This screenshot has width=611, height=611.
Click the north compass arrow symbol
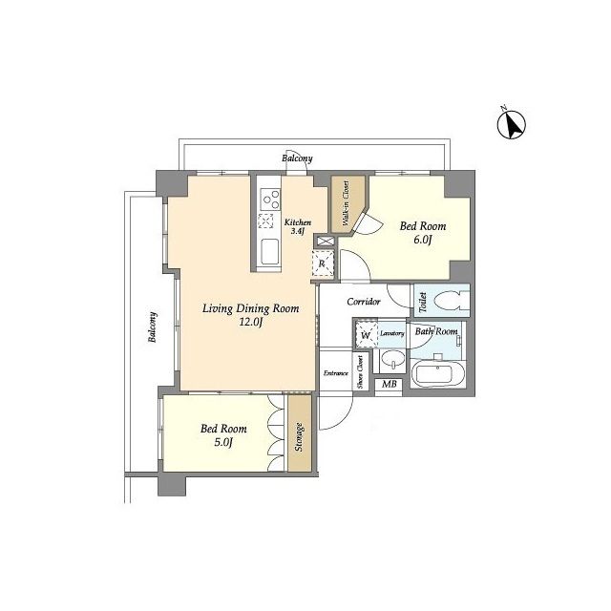coord(512,124)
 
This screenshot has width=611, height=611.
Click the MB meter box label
coord(389,384)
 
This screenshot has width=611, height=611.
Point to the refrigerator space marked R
coord(323,263)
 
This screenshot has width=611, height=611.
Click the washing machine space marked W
coord(366,335)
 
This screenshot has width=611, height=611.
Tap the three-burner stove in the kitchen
coord(270,199)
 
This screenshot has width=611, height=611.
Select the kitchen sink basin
coord(269,252)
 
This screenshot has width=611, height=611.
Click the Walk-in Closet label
coord(346,202)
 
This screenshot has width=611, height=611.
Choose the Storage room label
coord(299,437)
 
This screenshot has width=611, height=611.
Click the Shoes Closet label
coord(361,371)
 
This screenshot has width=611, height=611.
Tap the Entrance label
coord(335,373)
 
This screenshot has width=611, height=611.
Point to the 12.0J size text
coord(251,322)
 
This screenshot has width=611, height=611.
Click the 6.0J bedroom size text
coord(422,240)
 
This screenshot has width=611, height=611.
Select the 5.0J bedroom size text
coord(223,442)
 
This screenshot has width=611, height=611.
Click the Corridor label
coord(364,302)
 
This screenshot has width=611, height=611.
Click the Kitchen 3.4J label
coord(298,226)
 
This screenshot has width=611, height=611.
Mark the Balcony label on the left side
coord(153,327)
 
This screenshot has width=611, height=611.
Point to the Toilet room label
coord(422,302)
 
